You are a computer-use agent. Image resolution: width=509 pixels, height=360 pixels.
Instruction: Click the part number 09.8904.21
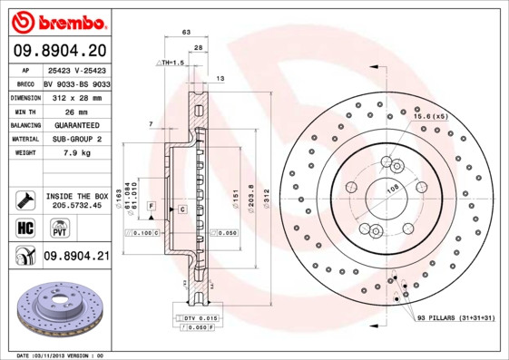pyautogui.click(x=76, y=258)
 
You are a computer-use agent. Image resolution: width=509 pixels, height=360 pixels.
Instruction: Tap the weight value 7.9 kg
pyautogui.click(x=76, y=153)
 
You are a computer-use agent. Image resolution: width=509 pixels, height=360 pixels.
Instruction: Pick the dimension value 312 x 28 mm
pyautogui.click(x=76, y=95)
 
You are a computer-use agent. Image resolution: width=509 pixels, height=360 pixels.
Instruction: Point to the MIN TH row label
pyautogui.click(x=24, y=111)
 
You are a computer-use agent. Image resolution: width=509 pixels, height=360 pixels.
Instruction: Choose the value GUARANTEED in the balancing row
pyautogui.click(x=76, y=124)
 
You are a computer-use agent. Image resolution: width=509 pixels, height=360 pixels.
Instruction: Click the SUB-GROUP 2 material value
pyautogui.click(x=76, y=139)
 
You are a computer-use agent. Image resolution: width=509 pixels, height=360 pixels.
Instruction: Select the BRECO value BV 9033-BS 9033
pyautogui.click(x=76, y=82)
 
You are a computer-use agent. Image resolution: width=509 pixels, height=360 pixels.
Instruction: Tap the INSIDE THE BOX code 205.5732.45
pyautogui.click(x=76, y=206)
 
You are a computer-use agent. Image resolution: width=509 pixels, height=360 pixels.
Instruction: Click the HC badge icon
pyautogui.click(x=25, y=227)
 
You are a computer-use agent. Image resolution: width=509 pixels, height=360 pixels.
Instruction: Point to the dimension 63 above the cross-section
pyautogui.click(x=186, y=33)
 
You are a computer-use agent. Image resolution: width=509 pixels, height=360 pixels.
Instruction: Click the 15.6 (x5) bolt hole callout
pyautogui.click(x=431, y=117)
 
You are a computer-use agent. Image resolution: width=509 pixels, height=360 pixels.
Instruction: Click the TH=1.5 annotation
pyautogui.click(x=171, y=63)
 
